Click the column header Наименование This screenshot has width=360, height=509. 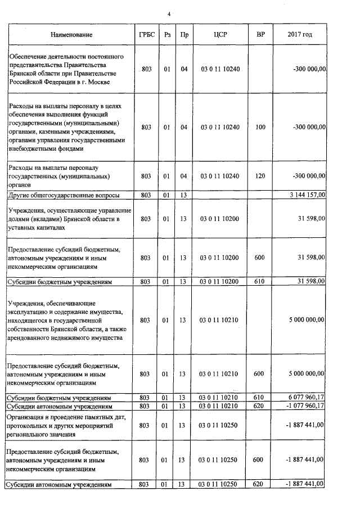point(71,35)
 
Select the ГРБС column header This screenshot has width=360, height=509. point(146,35)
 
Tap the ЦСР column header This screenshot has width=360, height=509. point(220,35)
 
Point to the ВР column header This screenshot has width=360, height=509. point(260,35)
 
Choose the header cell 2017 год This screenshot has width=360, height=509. point(300,35)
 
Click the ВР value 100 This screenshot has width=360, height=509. point(260,128)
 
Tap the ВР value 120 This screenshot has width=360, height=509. point(260,176)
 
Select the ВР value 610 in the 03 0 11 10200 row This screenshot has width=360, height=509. point(260,281)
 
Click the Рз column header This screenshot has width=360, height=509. point(166,35)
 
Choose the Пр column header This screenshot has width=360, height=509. point(183,35)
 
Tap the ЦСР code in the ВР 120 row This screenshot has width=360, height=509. point(220,176)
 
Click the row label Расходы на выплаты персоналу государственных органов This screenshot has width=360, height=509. point(53,176)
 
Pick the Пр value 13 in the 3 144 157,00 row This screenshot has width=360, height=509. point(183,195)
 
